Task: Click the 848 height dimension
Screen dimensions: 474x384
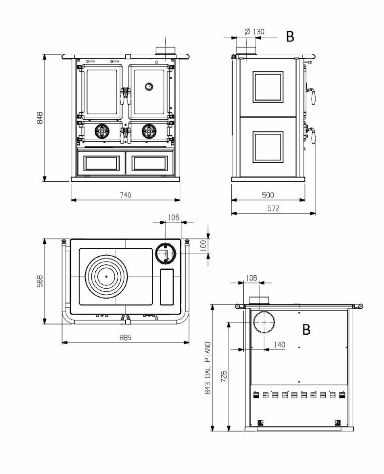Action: click(41, 118)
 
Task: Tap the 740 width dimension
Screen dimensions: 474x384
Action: click(125, 195)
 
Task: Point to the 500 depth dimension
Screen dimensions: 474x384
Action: click(268, 195)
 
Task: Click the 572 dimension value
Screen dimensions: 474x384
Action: click(273, 208)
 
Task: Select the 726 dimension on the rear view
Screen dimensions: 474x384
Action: click(224, 377)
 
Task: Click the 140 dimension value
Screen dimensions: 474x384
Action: click(279, 345)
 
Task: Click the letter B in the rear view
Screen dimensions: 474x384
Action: click(306, 329)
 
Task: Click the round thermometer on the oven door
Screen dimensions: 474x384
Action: click(148, 86)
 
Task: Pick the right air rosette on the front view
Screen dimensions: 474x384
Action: click(149, 130)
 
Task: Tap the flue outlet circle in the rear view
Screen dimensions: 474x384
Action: click(264, 323)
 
